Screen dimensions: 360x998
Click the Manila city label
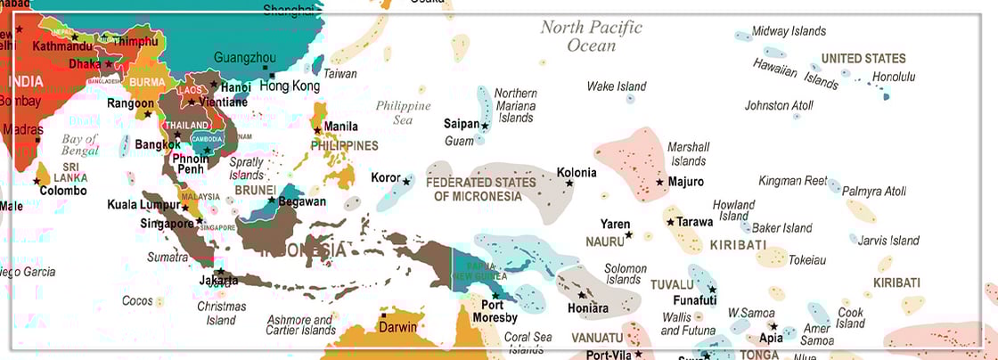pos(341,127)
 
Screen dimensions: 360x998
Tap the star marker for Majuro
pos(659,182)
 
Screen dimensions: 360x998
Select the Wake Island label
pos(616,86)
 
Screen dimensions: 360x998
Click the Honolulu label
pos(893,77)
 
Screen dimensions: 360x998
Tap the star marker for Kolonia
pos(569,184)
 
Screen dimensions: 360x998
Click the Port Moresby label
pos(493,311)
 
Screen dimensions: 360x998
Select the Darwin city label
pos(397,327)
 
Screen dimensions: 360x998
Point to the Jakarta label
pos(219,281)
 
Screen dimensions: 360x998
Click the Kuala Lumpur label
pos(143,205)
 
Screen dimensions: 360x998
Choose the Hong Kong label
pos(289,86)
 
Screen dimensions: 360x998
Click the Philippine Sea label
pos(403,112)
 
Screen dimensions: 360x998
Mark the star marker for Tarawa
pos(670,222)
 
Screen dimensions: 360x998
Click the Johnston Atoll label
pos(779,105)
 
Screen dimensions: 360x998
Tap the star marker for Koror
pos(406,182)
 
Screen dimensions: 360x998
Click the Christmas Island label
pos(221,314)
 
